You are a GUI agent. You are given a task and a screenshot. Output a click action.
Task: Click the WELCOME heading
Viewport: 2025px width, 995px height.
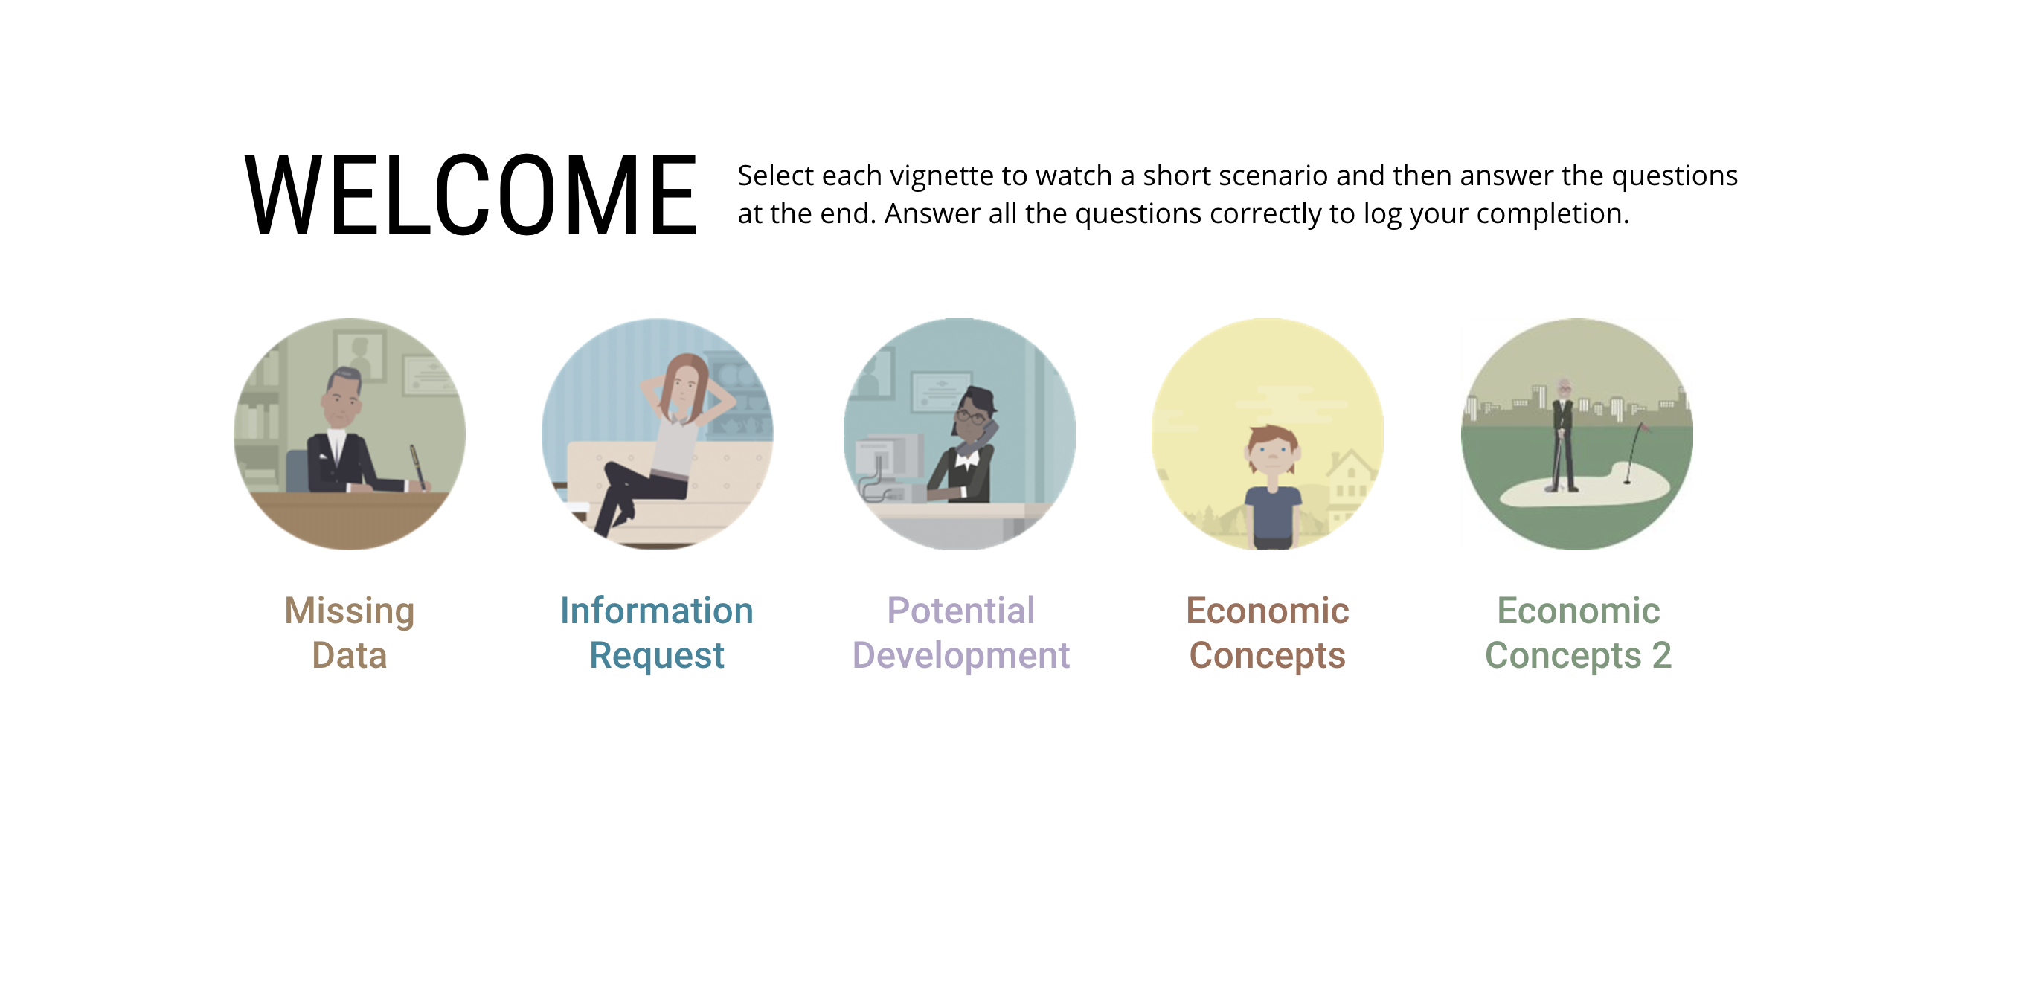point(471,194)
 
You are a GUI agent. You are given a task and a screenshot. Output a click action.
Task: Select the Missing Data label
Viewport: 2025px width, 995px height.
point(349,633)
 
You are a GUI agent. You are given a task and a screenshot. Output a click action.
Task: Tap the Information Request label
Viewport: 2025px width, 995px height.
point(656,633)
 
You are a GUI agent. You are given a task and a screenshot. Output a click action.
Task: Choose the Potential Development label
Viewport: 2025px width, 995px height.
point(960,633)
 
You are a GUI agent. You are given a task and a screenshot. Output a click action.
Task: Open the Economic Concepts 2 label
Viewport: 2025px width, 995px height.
point(1578,633)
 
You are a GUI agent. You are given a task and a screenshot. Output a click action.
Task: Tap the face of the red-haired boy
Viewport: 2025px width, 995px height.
point(1272,453)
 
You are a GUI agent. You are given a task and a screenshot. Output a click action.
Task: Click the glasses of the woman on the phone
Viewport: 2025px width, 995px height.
point(972,417)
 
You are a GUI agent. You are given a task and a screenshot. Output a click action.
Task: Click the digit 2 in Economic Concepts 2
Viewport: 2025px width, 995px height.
point(1661,654)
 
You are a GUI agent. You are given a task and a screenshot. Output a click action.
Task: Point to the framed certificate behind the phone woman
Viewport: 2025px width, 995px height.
point(941,390)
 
